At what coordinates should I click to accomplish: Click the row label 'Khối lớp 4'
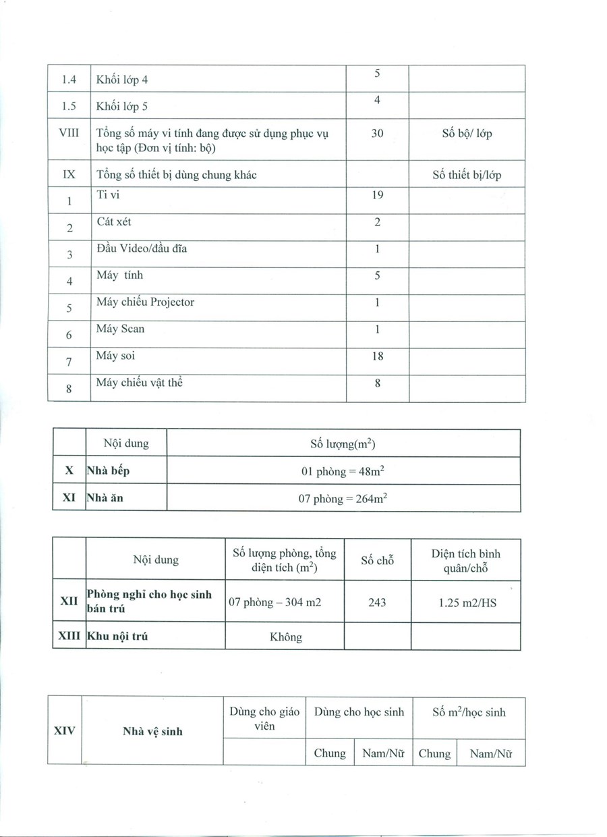tap(122, 80)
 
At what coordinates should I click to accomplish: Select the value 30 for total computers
tap(377, 134)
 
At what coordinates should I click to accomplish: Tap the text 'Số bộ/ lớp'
tap(467, 134)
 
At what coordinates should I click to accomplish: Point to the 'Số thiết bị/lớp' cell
tap(467, 175)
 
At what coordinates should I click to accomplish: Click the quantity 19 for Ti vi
tap(377, 195)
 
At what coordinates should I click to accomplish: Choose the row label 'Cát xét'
tap(114, 222)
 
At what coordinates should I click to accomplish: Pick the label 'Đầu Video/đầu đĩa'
tap(142, 248)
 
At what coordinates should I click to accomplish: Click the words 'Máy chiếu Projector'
tap(145, 302)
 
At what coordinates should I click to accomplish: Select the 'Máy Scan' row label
tap(120, 329)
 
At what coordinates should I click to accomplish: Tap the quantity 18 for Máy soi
tap(377, 356)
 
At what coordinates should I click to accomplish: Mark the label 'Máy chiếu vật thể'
tap(140, 383)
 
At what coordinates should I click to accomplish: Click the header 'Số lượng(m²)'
tap(343, 443)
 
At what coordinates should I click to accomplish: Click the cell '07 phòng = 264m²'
tap(343, 499)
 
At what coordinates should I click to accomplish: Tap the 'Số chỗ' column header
tap(377, 560)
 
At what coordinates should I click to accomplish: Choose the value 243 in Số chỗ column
tap(377, 602)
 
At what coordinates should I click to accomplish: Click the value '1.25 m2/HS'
tap(467, 602)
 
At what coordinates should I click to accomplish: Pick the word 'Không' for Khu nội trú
tap(286, 637)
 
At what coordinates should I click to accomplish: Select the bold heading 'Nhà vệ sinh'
tap(152, 731)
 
